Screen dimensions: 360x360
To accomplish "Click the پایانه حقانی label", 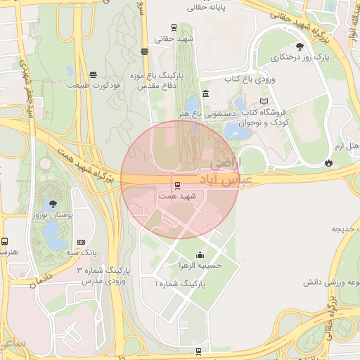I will coord(205,8).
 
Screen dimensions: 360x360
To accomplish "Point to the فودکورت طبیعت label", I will coord(94,85).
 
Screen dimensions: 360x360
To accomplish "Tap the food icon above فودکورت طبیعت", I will coord(93,74).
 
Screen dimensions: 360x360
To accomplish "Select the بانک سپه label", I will coord(82,252).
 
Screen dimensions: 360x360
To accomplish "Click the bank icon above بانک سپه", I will coord(82,240).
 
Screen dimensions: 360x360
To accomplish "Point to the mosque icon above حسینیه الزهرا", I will coord(201,255).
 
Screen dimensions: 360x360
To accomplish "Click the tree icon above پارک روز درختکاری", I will coord(300,46).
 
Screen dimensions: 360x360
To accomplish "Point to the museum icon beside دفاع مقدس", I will coord(205,94).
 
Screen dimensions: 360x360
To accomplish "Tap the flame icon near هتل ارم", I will coord(328,162).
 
